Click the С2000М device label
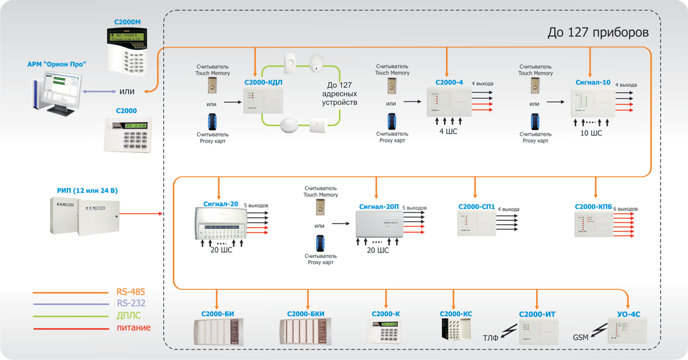coord(128,22)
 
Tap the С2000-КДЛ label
coord(263,82)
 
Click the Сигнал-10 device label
coord(593,82)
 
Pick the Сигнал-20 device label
coord(220,204)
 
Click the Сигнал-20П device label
coord(379,206)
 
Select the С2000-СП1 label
coord(477,207)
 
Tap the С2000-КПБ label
coord(594,207)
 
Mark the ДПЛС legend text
coord(129,316)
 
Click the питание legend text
coord(133,327)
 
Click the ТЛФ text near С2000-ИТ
coord(490,338)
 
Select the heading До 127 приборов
coord(598,32)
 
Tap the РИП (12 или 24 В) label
coord(87,190)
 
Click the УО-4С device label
coord(629,314)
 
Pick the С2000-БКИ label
coord(306,314)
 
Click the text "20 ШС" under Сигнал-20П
coord(377,250)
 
